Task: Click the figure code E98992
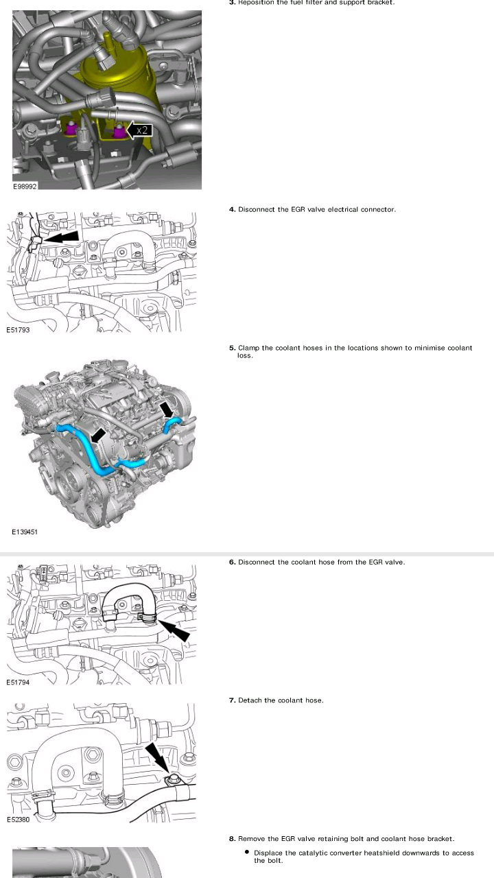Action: tap(25, 185)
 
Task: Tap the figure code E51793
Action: tap(19, 330)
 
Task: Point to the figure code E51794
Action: tap(19, 683)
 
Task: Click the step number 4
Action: tap(232, 209)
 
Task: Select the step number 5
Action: tap(232, 348)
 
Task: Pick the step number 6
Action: tap(232, 562)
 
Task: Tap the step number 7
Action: tap(232, 700)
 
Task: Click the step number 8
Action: tap(232, 838)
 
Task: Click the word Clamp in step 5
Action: tap(249, 348)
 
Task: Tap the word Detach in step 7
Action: tap(250, 700)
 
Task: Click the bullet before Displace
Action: tap(246, 853)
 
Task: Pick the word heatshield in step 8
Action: tap(392, 853)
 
